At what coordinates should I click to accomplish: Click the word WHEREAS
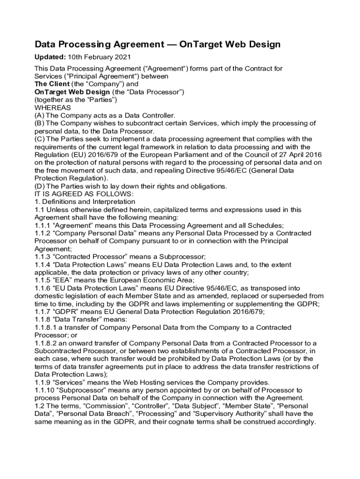click(x=53, y=108)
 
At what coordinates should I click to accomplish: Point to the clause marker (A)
click(x=40, y=116)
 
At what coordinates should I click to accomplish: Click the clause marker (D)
click(x=40, y=186)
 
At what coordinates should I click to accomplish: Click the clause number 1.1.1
click(x=43, y=225)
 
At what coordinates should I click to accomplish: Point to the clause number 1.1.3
click(x=43, y=257)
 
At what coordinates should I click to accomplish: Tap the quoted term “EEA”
click(x=67, y=280)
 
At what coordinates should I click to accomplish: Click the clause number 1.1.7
click(x=43, y=312)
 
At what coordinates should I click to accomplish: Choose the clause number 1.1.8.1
click(x=46, y=327)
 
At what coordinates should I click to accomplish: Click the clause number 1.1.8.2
click(x=46, y=343)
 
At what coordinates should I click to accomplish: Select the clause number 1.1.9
click(x=43, y=383)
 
